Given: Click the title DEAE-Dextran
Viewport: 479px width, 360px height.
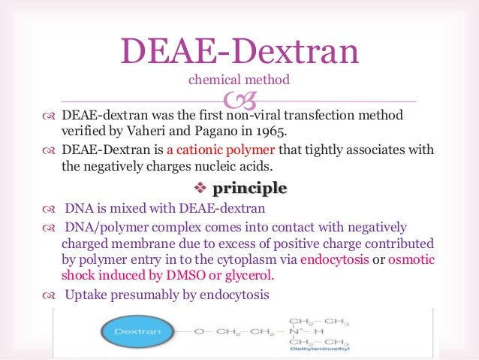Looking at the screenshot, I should (239, 51).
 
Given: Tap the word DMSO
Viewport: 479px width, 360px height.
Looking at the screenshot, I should (200, 276).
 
